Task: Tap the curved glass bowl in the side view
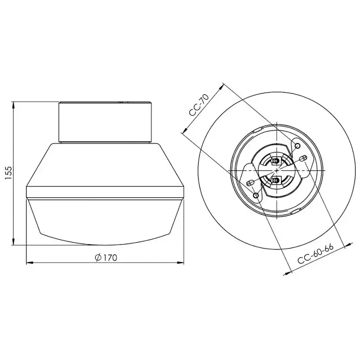[x=105, y=220]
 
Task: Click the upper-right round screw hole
[x=297, y=145]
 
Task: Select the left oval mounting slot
[x=250, y=183]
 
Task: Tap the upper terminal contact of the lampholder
[x=274, y=160]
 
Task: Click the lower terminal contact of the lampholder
[x=274, y=180]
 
